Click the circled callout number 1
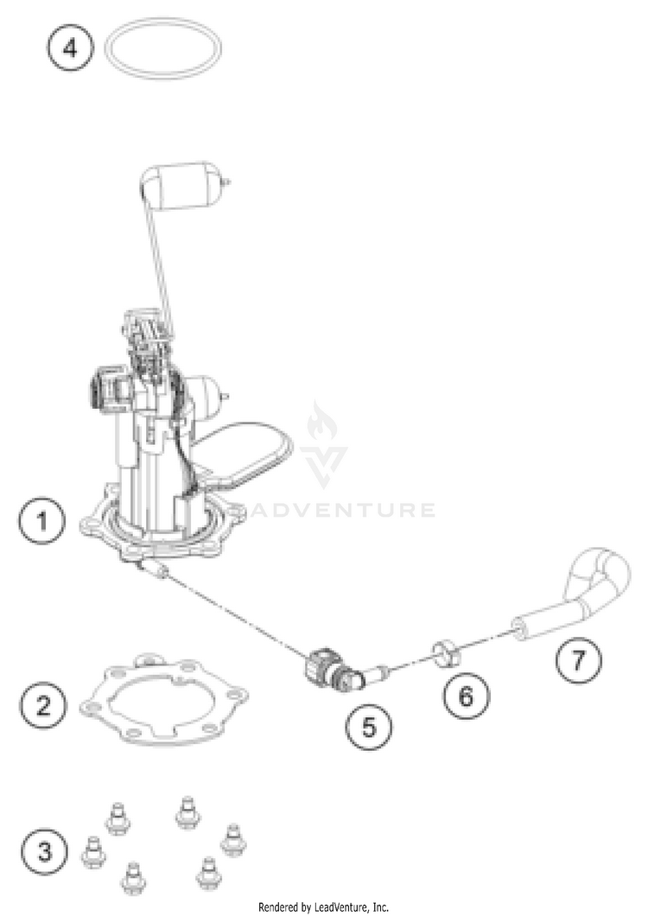42,520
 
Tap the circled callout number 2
44,706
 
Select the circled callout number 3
45,851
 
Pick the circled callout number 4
69,48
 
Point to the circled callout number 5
369,728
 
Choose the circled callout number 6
466,695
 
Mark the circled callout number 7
578,660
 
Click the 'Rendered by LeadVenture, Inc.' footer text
324,907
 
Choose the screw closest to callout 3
93,852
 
